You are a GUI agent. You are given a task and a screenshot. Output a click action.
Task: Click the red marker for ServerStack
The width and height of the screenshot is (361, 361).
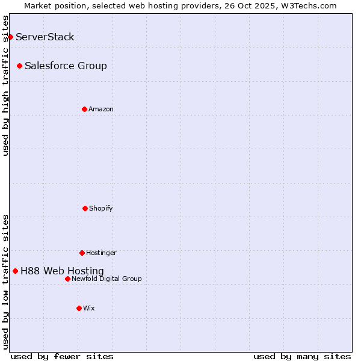click(x=10, y=37)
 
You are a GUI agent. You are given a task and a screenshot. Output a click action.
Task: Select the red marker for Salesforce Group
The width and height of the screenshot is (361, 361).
click(x=19, y=66)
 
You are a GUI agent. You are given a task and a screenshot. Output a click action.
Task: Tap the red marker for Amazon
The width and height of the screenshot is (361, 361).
click(x=84, y=109)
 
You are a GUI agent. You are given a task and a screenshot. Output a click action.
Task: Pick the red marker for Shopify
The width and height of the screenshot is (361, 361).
click(x=85, y=208)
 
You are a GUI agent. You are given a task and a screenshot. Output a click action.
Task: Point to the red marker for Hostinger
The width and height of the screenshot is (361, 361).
click(x=82, y=253)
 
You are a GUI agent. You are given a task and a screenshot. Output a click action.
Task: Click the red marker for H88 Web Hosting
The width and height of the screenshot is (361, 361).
click(x=15, y=271)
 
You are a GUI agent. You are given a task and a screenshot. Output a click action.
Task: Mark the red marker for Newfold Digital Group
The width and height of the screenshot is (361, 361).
click(x=67, y=279)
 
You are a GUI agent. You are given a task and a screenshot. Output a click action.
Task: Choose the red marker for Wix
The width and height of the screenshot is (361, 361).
click(x=79, y=308)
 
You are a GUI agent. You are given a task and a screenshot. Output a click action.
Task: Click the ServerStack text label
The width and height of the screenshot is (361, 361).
click(x=45, y=37)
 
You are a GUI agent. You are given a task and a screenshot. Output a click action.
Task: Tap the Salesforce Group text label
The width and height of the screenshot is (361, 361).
click(x=66, y=66)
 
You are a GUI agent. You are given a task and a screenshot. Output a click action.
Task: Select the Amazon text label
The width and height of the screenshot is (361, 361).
click(x=101, y=109)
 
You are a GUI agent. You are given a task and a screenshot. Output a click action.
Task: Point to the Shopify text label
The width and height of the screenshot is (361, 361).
click(x=101, y=208)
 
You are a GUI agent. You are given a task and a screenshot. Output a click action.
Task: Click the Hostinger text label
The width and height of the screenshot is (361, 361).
click(x=101, y=253)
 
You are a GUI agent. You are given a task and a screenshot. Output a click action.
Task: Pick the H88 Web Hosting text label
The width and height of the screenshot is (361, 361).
click(x=62, y=271)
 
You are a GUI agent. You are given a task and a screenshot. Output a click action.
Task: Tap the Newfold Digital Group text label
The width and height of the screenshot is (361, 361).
click(x=106, y=279)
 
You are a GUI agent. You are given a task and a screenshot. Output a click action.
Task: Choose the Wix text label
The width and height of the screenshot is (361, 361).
click(x=89, y=308)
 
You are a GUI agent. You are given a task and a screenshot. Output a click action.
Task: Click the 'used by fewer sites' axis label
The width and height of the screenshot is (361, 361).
click(x=62, y=356)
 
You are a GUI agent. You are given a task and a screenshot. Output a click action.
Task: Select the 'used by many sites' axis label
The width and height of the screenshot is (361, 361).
click(x=302, y=356)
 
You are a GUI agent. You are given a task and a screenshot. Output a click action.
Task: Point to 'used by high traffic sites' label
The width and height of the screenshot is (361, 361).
click(x=5, y=85)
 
